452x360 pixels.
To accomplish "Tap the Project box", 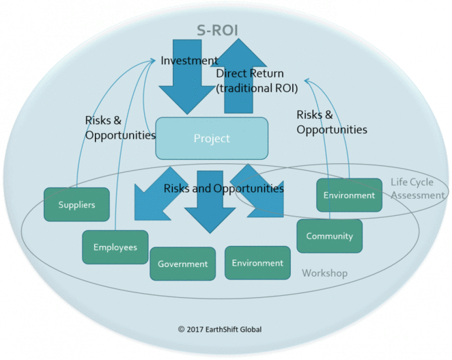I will [212, 139].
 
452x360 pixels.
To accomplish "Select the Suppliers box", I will [76, 204].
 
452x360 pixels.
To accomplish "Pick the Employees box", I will [115, 247].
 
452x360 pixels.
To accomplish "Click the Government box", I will [182, 264].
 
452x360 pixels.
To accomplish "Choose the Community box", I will [329, 236].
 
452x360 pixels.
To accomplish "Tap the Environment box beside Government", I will [257, 263].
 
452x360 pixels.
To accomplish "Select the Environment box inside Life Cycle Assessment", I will [349, 195].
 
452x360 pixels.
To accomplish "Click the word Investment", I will [189, 61].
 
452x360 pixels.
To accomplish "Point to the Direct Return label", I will [250, 73].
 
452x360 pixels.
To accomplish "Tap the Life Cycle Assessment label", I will [419, 189].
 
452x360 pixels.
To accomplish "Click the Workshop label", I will [324, 273].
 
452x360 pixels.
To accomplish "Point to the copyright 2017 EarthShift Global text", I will [219, 329].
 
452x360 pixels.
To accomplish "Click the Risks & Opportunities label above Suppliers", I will [120, 127].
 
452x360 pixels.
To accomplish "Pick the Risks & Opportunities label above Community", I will [332, 122].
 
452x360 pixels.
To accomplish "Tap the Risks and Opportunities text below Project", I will [223, 188].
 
